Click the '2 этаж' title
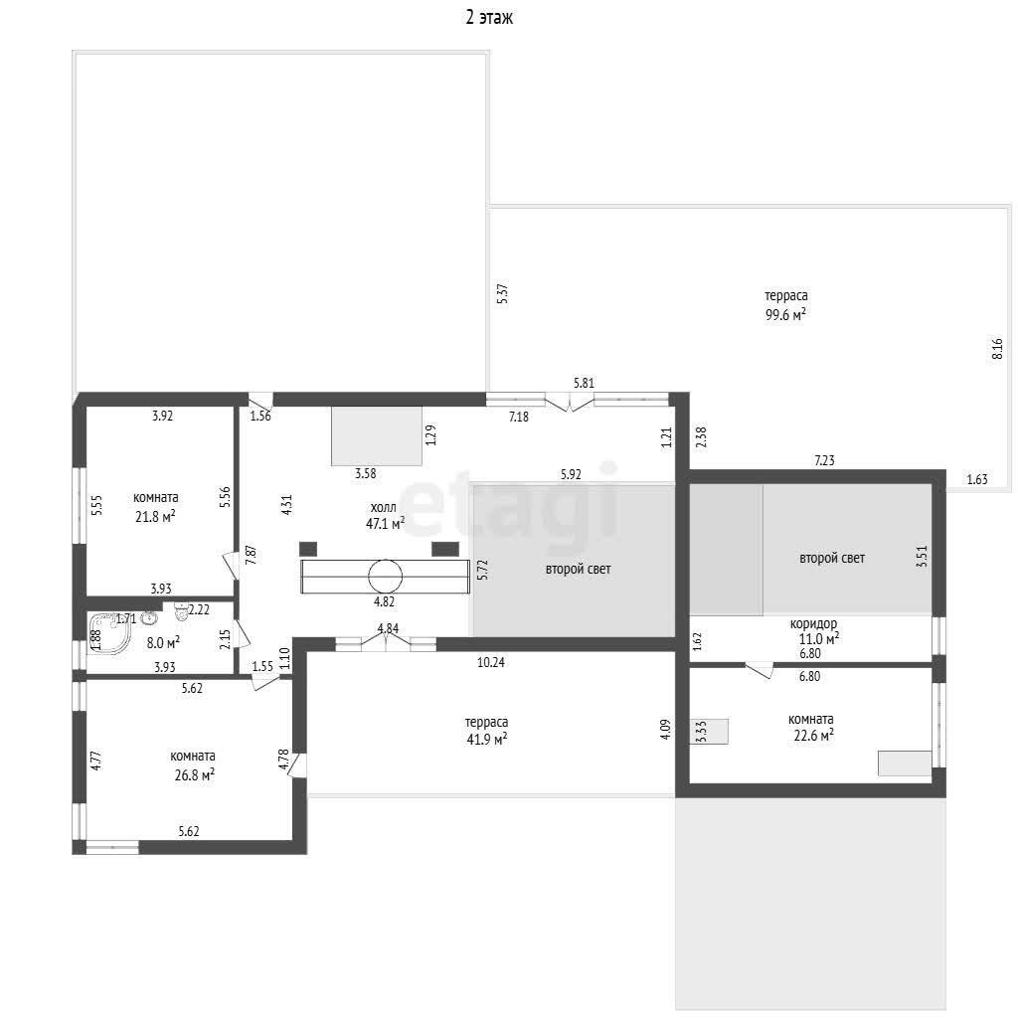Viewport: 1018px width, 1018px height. tap(489, 17)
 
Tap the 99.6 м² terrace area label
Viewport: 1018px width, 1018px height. tap(785, 315)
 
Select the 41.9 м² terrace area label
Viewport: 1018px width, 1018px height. tap(486, 739)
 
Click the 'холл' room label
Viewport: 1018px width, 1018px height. tap(383, 508)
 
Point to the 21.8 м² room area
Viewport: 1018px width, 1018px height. tap(155, 517)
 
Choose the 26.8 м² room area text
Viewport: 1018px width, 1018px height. tap(194, 774)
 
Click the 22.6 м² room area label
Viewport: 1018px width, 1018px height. tap(813, 736)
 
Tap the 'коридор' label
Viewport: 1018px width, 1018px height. tap(813, 624)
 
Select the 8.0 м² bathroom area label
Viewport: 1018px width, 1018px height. tap(163, 643)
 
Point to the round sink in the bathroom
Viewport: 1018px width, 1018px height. tap(150, 617)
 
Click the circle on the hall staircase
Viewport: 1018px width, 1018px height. tap(385, 576)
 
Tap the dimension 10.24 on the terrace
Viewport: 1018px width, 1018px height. tap(491, 662)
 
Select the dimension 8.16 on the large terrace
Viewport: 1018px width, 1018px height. tap(997, 349)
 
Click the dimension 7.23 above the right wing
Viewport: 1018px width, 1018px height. tap(824, 460)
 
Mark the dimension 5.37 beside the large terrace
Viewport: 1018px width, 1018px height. tap(502, 293)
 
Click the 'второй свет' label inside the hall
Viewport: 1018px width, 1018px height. tap(578, 569)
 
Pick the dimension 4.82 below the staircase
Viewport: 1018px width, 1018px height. tap(384, 601)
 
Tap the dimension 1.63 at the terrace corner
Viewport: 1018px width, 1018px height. tap(977, 479)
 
